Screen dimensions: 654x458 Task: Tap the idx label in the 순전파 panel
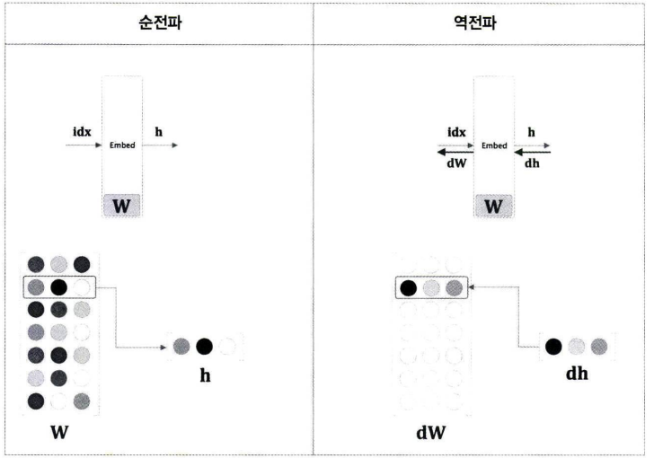82,132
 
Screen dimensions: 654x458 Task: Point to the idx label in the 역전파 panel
456,132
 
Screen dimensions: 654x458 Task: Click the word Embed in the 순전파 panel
122,145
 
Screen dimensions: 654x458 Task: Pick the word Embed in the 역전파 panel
495,145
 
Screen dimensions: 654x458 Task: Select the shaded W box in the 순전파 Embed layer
122,206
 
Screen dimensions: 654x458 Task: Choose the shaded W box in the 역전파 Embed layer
494,206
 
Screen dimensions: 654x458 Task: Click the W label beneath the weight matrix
58,433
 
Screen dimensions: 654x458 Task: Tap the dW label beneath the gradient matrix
430,433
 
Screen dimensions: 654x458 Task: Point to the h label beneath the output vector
205,373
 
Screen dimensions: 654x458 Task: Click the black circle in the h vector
205,346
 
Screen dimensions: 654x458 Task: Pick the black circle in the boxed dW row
408,288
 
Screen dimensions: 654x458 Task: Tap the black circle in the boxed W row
58,288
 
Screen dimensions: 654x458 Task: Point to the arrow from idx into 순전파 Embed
83,145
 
